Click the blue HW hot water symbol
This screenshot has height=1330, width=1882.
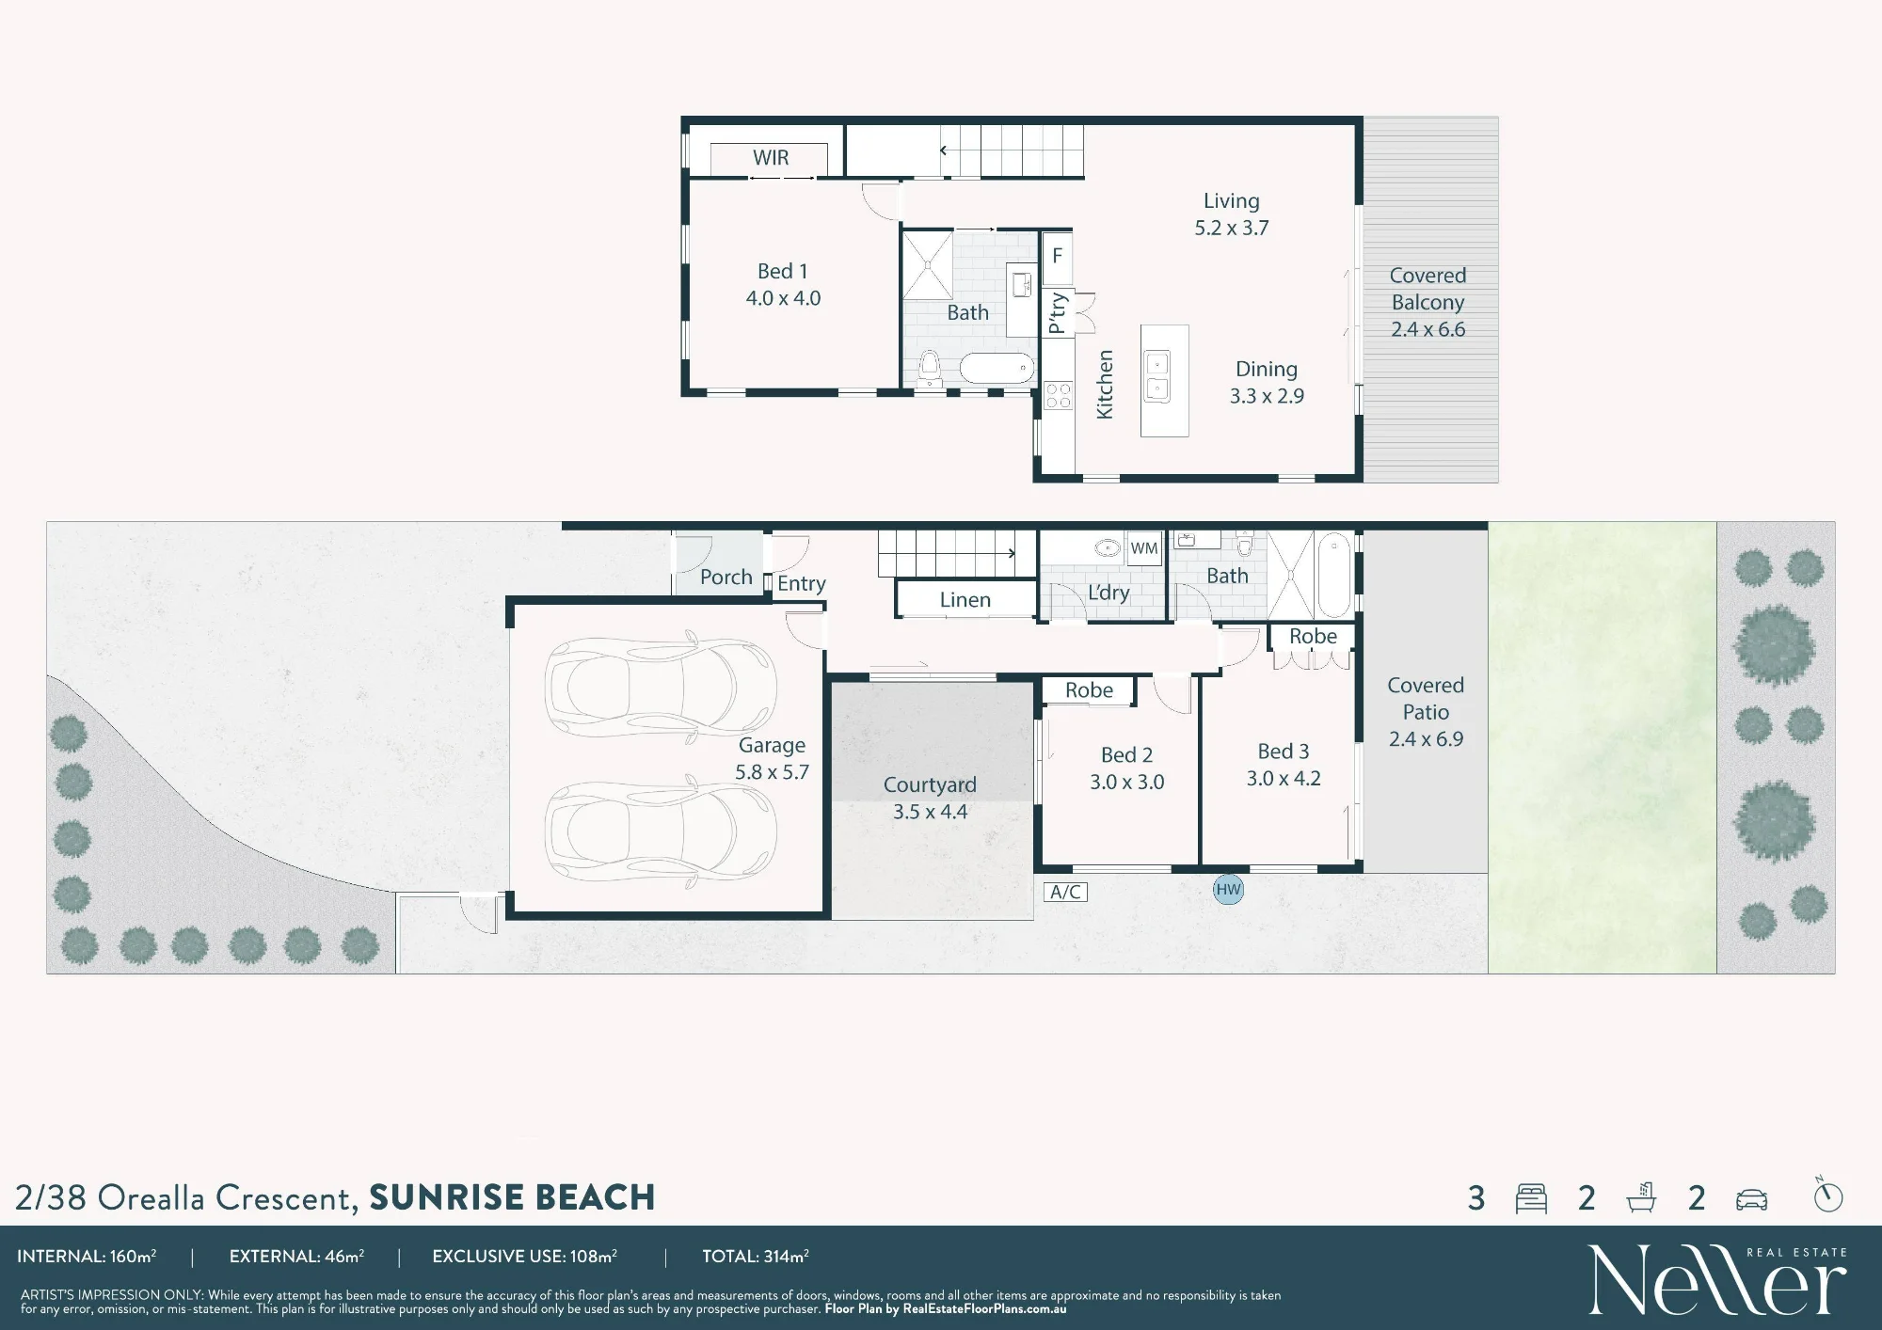point(1228,890)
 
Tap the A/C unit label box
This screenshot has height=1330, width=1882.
point(1065,892)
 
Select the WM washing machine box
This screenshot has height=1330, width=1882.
point(1144,548)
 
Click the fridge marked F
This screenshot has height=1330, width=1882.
point(1058,257)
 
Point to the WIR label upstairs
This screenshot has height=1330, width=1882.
point(771,158)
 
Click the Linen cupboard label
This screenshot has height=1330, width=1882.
point(965,600)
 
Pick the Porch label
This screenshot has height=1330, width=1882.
point(726,578)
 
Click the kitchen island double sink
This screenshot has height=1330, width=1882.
point(1156,376)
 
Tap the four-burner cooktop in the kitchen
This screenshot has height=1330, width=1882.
point(1059,396)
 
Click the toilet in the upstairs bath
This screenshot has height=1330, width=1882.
point(930,368)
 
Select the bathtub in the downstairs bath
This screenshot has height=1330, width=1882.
point(1333,575)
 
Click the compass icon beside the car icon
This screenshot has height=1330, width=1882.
point(1827,1195)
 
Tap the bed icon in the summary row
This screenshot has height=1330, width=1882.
point(1531,1198)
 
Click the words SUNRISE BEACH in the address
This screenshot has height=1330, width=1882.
point(512,1197)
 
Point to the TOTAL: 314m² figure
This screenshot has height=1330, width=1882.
point(756,1257)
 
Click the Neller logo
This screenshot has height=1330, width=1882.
point(1717,1279)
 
